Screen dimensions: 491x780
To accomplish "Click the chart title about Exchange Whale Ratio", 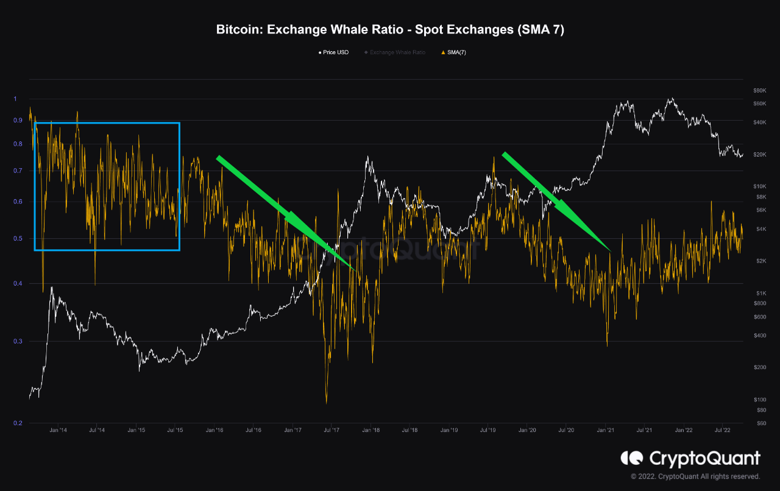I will [x=390, y=30].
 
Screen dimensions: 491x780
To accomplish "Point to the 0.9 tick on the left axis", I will [x=17, y=121].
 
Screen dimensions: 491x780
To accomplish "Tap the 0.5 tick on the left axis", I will [x=17, y=239].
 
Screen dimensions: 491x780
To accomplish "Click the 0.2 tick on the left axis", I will [x=17, y=423].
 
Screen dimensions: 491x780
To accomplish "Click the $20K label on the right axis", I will [x=759, y=155].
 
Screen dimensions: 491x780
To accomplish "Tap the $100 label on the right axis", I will [x=759, y=400].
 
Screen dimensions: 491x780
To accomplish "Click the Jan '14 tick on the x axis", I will [x=58, y=430].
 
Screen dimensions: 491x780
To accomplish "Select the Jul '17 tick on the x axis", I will [x=331, y=430].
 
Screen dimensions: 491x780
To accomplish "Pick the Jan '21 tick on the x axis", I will [x=605, y=430].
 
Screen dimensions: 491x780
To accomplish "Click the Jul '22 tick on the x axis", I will [x=723, y=430].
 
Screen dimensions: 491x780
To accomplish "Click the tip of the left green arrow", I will [x=355, y=269].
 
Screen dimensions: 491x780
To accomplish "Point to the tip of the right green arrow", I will [x=611, y=250].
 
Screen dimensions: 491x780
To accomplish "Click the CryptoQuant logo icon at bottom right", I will [x=632, y=458].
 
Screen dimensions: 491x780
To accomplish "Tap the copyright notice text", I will [x=695, y=476].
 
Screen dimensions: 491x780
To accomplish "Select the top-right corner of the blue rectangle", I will [x=179, y=123].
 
